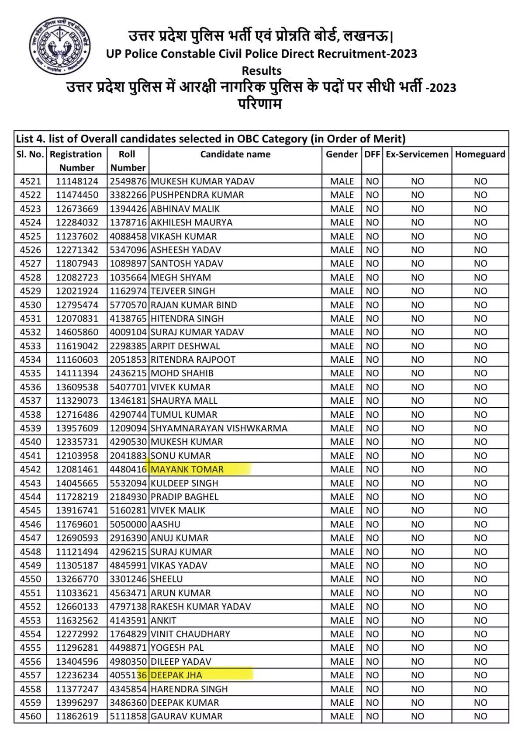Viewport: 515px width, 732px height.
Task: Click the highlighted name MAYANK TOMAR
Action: [x=187, y=469]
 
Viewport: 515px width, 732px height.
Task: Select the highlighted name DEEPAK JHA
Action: [x=176, y=675]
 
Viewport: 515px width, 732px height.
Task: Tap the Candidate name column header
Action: [x=235, y=154]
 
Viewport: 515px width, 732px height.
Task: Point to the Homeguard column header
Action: [x=480, y=154]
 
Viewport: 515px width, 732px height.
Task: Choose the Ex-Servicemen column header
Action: [x=417, y=154]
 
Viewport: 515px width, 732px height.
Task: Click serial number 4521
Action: [x=30, y=181]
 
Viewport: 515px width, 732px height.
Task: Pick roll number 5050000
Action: [x=128, y=524]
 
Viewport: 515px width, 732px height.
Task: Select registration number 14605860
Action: [x=77, y=332]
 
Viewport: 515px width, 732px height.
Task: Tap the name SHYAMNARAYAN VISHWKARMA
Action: [x=219, y=428]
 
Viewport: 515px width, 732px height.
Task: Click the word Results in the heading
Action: [x=262, y=70]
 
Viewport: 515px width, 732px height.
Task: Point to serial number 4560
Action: [x=30, y=716]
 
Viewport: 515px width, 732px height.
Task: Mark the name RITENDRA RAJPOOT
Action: [x=193, y=360]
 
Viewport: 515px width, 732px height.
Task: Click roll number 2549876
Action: [x=128, y=181]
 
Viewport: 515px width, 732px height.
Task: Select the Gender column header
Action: [x=342, y=154]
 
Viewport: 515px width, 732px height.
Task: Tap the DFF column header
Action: [x=372, y=154]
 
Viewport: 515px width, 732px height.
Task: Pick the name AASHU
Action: [x=166, y=524]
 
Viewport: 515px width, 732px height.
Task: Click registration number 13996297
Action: [x=77, y=703]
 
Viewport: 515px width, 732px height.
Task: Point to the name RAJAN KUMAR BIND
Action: [x=194, y=305]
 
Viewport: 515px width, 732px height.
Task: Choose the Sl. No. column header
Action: [x=30, y=154]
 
